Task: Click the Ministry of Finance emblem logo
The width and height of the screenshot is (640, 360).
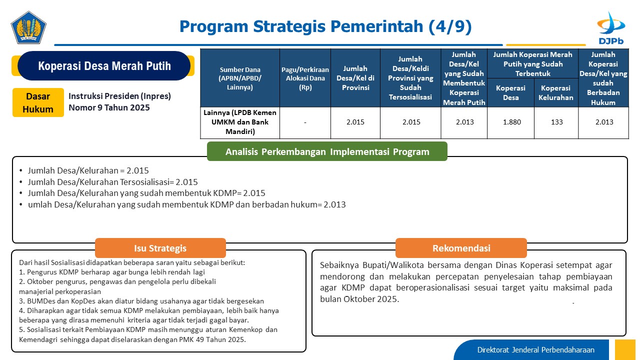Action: pyautogui.click(x=28, y=27)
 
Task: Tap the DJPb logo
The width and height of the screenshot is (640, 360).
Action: pyautogui.click(x=611, y=28)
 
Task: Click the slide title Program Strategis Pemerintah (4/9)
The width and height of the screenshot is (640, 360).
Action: pyautogui.click(x=325, y=26)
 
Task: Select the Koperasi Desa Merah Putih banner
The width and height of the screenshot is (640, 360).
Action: pyautogui.click(x=104, y=65)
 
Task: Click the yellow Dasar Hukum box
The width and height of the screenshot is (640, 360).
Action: pyautogui.click(x=38, y=102)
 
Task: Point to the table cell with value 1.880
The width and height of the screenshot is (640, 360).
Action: pyautogui.click(x=511, y=122)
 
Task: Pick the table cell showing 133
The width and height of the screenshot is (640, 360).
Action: pyautogui.click(x=556, y=122)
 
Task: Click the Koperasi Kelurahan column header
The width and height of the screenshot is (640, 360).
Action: pyautogui.click(x=555, y=93)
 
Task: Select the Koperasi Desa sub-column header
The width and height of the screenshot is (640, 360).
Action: pyautogui.click(x=510, y=93)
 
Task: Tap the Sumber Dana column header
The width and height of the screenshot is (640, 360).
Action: pyautogui.click(x=240, y=78)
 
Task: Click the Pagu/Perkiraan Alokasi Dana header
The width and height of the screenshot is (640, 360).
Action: pyautogui.click(x=305, y=78)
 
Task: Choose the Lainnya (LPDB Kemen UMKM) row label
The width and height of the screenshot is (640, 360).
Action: pyautogui.click(x=240, y=122)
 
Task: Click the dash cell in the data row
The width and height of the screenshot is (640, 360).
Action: pyautogui.click(x=305, y=122)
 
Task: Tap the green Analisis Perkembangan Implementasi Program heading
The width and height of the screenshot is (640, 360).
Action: pyautogui.click(x=327, y=151)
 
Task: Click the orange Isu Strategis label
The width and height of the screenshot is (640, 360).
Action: pyautogui.click(x=160, y=248)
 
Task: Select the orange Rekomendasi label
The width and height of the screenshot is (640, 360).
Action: pyautogui.click(x=461, y=248)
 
